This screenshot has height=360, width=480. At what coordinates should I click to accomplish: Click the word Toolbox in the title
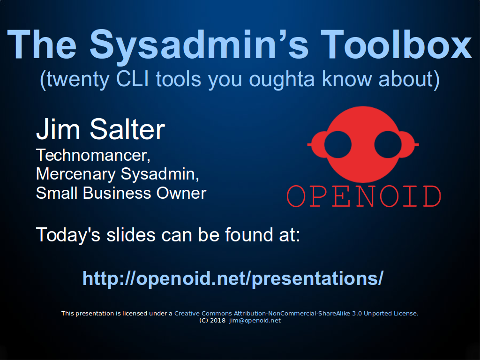click(x=396, y=44)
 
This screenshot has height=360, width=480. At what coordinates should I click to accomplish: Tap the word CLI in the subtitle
click(x=132, y=79)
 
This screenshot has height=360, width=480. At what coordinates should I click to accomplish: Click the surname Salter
click(x=127, y=129)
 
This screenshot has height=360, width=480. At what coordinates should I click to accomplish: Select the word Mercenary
click(x=75, y=174)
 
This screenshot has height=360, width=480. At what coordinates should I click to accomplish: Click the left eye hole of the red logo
click(x=337, y=144)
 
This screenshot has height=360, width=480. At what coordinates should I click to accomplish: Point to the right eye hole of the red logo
click(x=388, y=144)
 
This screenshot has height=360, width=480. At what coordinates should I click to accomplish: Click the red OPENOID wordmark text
click(x=364, y=196)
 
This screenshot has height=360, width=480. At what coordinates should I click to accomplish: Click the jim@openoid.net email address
click(x=255, y=321)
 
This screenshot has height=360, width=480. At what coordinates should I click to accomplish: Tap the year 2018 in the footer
click(x=218, y=321)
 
